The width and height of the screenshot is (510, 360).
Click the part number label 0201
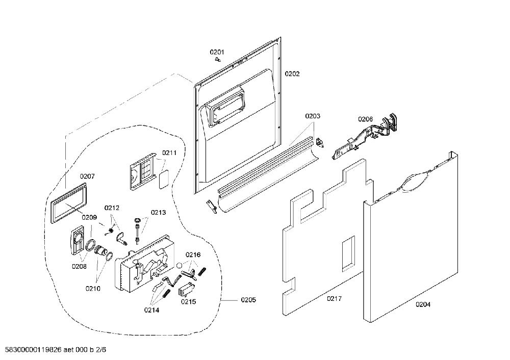[217, 52]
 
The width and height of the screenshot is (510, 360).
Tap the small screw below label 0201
[218, 59]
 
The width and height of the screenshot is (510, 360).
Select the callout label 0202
[292, 74]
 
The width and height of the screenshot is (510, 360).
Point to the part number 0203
[313, 116]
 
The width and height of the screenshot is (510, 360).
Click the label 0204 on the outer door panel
[423, 304]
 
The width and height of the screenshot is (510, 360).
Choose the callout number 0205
[248, 300]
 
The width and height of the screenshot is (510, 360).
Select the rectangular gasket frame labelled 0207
[69, 202]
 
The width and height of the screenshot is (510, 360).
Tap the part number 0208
[80, 267]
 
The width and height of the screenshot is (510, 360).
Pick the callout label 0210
[93, 289]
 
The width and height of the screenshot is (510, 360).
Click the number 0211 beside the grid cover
[169, 152]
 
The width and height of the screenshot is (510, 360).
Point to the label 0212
[112, 208]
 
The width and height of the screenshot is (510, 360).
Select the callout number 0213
[158, 212]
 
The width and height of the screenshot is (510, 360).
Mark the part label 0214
[151, 310]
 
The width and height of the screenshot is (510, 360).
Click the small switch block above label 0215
[186, 289]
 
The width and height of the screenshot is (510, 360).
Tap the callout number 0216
[193, 254]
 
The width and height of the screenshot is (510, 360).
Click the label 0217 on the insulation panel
[335, 298]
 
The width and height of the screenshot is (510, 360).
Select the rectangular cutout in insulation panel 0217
[348, 253]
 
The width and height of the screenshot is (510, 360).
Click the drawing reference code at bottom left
[54, 350]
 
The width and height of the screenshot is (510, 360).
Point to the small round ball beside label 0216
[179, 265]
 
